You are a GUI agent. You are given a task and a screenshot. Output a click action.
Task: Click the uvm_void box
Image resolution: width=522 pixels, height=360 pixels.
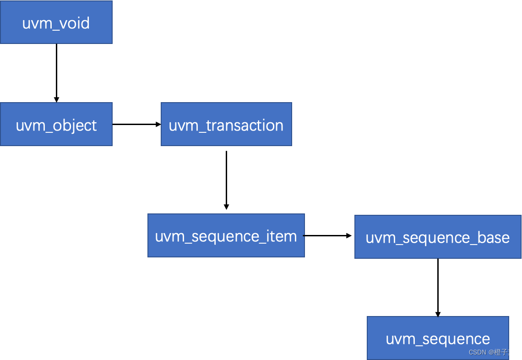point(56,22)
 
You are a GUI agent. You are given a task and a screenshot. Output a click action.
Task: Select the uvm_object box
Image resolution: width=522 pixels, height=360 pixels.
point(56,124)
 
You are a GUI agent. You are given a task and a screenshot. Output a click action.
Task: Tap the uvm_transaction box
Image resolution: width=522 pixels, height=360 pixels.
point(226,124)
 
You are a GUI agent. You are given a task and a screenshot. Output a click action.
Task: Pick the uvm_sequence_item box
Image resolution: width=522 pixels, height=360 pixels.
point(226,235)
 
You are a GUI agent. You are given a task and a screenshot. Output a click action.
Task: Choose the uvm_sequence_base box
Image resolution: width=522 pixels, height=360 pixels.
point(438,237)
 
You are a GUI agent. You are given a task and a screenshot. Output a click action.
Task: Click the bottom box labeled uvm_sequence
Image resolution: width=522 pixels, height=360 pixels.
point(438,338)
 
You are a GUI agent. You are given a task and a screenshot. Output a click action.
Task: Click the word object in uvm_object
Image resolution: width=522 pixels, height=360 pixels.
point(75,125)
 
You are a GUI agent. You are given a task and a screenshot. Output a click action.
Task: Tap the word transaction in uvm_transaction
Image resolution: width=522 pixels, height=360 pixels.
point(245,125)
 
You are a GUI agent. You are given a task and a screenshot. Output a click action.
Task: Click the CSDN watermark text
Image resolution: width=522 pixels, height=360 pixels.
point(477,352)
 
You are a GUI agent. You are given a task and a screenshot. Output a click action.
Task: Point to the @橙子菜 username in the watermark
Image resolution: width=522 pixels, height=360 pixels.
point(501,352)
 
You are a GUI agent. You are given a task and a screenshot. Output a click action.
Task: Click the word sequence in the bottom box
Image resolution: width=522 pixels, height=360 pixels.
point(457,339)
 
